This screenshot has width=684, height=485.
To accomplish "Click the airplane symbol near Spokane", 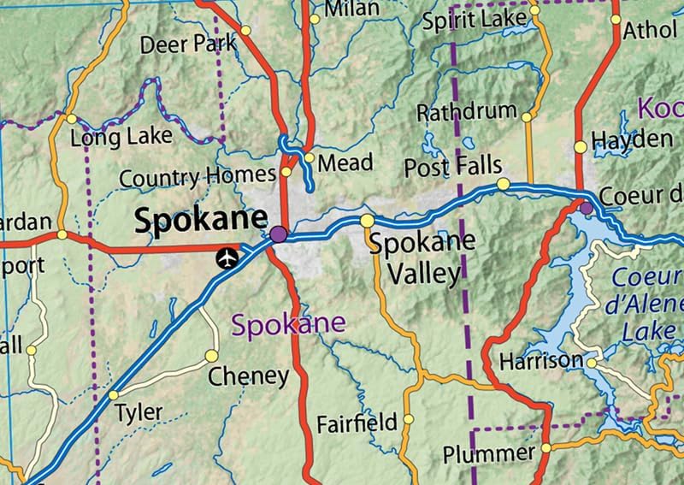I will [227, 257].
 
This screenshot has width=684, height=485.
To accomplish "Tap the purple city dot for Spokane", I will [278, 234].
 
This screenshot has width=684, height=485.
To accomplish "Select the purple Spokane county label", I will [289, 324].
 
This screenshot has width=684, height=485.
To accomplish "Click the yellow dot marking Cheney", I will [211, 355].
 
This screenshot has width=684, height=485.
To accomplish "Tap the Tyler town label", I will [139, 412].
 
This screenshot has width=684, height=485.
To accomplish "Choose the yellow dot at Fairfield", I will [408, 419].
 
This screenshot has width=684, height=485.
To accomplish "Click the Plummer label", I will [489, 452].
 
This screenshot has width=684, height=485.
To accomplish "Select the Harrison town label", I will [540, 360].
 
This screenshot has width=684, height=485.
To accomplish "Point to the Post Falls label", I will [452, 165].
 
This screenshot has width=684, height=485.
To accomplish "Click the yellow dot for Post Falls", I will [503, 184].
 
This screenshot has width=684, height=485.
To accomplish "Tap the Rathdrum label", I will [467, 111].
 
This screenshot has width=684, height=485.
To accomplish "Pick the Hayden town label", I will [632, 139].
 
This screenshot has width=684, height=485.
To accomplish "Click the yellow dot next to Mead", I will [309, 157].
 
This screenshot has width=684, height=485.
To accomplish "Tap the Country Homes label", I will [197, 178].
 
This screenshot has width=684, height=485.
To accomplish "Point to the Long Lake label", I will [121, 137].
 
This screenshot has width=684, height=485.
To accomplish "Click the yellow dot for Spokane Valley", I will [367, 222].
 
